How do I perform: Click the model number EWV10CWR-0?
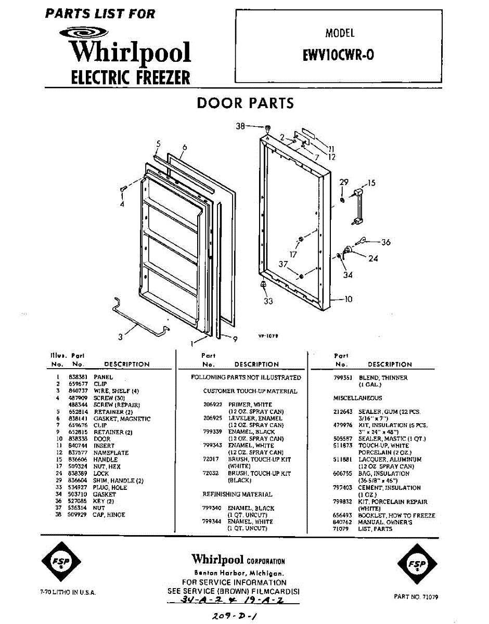pos(338,55)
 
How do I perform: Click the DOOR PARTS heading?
pos(245,103)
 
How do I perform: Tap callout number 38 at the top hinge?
pos(240,126)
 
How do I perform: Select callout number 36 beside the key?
pos(385,242)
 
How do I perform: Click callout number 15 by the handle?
pos(371,183)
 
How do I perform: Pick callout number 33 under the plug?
pos(268,301)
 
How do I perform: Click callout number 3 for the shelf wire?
pos(120,337)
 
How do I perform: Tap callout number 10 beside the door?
pos(348,299)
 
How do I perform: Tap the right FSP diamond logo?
pos(417,563)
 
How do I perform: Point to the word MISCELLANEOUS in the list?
pos(357,398)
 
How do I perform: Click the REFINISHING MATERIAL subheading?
pos(237,494)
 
